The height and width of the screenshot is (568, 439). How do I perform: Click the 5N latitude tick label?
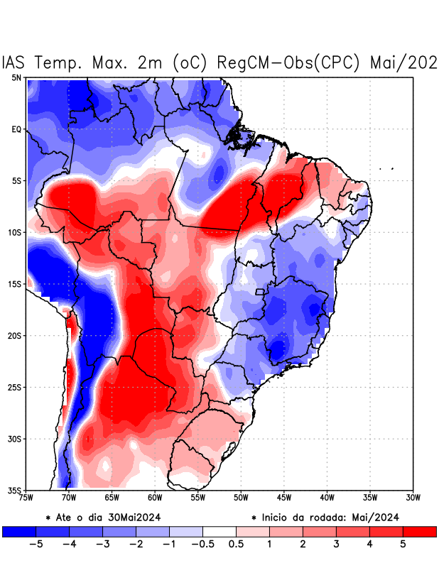tap(16, 77)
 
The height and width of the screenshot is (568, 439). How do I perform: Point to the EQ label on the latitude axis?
tap(16, 129)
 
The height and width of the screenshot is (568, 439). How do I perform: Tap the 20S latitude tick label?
tap(14, 336)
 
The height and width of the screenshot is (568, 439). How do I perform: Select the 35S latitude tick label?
tap(14, 490)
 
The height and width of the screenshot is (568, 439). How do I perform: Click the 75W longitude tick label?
tap(26, 498)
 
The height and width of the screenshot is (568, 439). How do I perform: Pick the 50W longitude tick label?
tap(241, 498)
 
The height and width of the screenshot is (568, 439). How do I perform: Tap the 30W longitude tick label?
tap(413, 498)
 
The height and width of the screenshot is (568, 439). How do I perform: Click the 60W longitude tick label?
tap(155, 498)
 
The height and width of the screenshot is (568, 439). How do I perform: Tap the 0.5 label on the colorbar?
tap(236, 544)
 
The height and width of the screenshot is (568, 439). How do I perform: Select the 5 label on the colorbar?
tap(402, 544)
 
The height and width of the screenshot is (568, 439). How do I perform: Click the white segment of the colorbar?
tap(219, 531)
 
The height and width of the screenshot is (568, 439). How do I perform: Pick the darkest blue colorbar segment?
tap(19, 531)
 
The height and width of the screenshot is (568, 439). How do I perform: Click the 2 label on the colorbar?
tap(302, 544)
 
